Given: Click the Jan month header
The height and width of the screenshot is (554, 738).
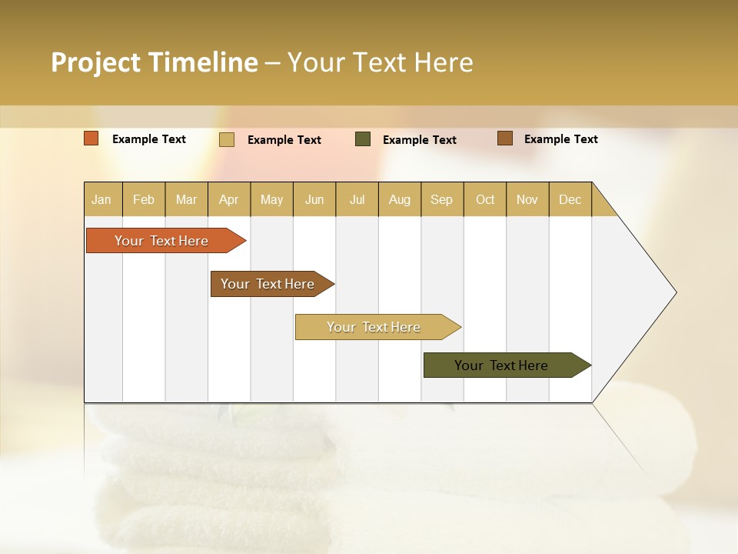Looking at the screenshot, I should pos(101,200).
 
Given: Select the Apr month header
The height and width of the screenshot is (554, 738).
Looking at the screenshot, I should pos(228,200).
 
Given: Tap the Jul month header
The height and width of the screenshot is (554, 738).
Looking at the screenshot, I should pos(357,200).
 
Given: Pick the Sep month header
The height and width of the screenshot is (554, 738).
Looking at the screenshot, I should pos(441,200).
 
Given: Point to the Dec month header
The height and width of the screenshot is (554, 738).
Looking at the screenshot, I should pos(570,200).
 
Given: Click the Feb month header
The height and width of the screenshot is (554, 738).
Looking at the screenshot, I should pos(144,200).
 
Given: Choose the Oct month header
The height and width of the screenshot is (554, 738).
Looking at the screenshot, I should pos(485,200).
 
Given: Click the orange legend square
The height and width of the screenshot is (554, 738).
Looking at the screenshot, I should pos(91,138).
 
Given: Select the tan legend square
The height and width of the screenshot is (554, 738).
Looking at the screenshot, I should pos(227,139).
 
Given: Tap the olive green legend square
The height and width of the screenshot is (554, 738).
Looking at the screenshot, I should pos(363,139).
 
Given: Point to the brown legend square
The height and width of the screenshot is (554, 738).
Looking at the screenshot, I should pos(504,138).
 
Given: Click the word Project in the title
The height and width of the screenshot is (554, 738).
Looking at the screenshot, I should pos(97,62).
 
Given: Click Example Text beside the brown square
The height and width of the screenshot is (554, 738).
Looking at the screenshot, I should pos(560,139).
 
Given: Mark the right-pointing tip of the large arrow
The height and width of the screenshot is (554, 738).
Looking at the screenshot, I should pos(674,292).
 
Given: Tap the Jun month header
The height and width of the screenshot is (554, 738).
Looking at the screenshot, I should pos(314,200).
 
